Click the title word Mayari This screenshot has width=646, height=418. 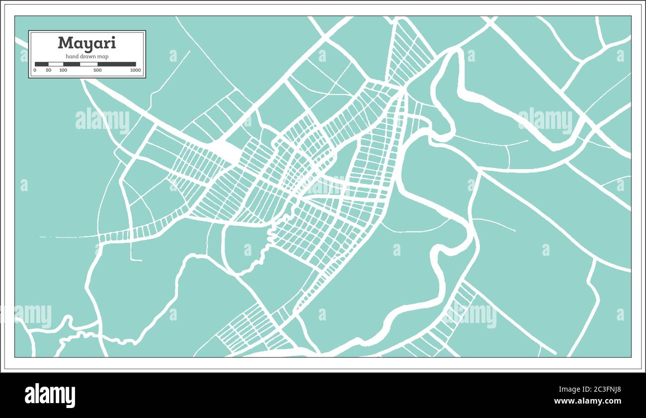pyautogui.click(x=86, y=43)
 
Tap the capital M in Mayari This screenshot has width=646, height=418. pyautogui.click(x=64, y=43)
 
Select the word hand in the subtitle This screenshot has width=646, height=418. pyautogui.click(x=72, y=57)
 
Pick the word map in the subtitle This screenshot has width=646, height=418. pyautogui.click(x=103, y=57)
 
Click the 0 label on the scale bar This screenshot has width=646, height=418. pyautogui.click(x=35, y=70)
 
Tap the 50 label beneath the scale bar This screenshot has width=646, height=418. pyautogui.click(x=48, y=70)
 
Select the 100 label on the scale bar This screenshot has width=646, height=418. pyautogui.click(x=63, y=70)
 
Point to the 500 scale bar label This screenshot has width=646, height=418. pyautogui.click(x=97, y=70)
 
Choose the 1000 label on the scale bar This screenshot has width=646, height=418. pyautogui.click(x=135, y=70)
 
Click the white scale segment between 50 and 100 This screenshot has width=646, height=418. pyautogui.click(x=56, y=64)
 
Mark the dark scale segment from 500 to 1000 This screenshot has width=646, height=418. pyautogui.click(x=117, y=64)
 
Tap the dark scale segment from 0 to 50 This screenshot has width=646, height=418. pyautogui.click(x=41, y=64)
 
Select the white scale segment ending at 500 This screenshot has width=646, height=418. pyautogui.click(x=89, y=64)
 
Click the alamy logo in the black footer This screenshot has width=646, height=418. pyautogui.click(x=50, y=396)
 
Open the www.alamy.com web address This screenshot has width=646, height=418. pyautogui.click(x=587, y=401)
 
